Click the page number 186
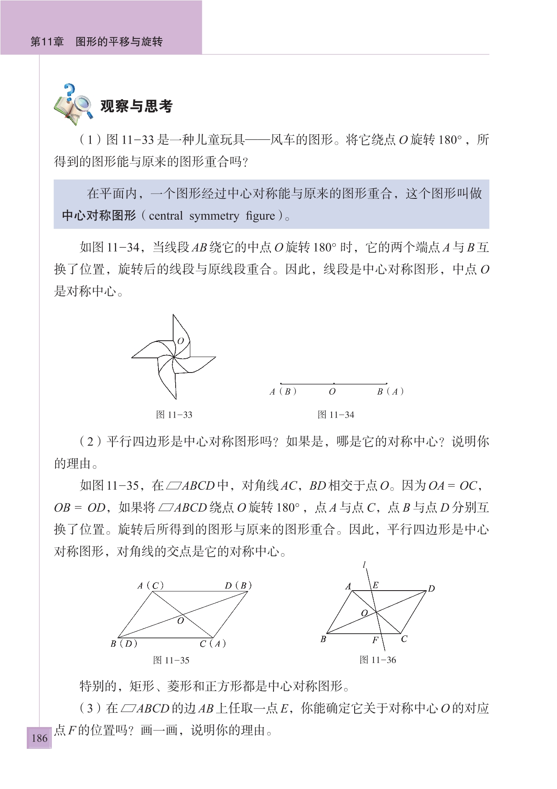click(x=39, y=738)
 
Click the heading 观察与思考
click(x=136, y=106)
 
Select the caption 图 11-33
click(x=174, y=415)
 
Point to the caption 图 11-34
click(x=336, y=415)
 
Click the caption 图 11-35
click(x=171, y=660)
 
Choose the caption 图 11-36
click(x=378, y=660)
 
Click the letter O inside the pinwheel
click(x=181, y=341)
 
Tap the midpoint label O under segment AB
click(x=332, y=392)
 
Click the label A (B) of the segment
click(x=283, y=392)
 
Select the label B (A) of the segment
click(x=390, y=392)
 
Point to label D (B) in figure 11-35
click(x=238, y=586)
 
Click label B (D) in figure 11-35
click(x=124, y=643)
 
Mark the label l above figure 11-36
click(x=365, y=565)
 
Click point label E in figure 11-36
click(x=376, y=585)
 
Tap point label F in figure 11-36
click(x=375, y=640)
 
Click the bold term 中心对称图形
click(x=99, y=216)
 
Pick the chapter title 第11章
click(x=47, y=41)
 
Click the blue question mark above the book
click(x=69, y=92)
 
